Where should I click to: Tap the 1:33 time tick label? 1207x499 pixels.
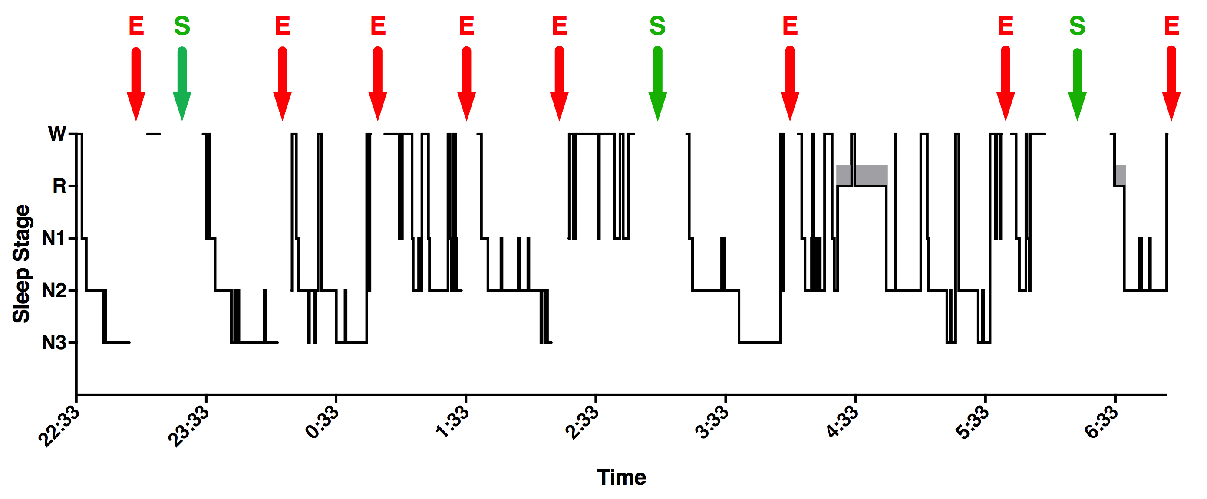coord(452,422)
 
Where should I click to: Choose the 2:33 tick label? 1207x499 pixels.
coord(581,422)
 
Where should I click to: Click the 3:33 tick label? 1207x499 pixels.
coord(711,422)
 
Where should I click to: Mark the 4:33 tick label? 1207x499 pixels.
coord(841,422)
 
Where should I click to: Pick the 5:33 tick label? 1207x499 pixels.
coord(971,422)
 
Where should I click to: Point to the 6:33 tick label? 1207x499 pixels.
coord(1101,422)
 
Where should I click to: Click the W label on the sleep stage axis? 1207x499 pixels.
coord(57,134)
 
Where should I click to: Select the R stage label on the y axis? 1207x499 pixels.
coord(59,186)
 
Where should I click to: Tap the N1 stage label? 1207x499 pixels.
coord(53,238)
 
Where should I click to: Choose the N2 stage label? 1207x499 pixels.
coord(53,291)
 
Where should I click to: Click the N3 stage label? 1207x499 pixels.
coord(53,343)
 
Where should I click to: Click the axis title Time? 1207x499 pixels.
coord(621,477)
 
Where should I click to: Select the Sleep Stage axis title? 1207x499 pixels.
coord(22,263)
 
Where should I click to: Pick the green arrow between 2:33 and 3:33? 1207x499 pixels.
coord(657,84)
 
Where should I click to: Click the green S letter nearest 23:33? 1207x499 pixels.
coord(182,26)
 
